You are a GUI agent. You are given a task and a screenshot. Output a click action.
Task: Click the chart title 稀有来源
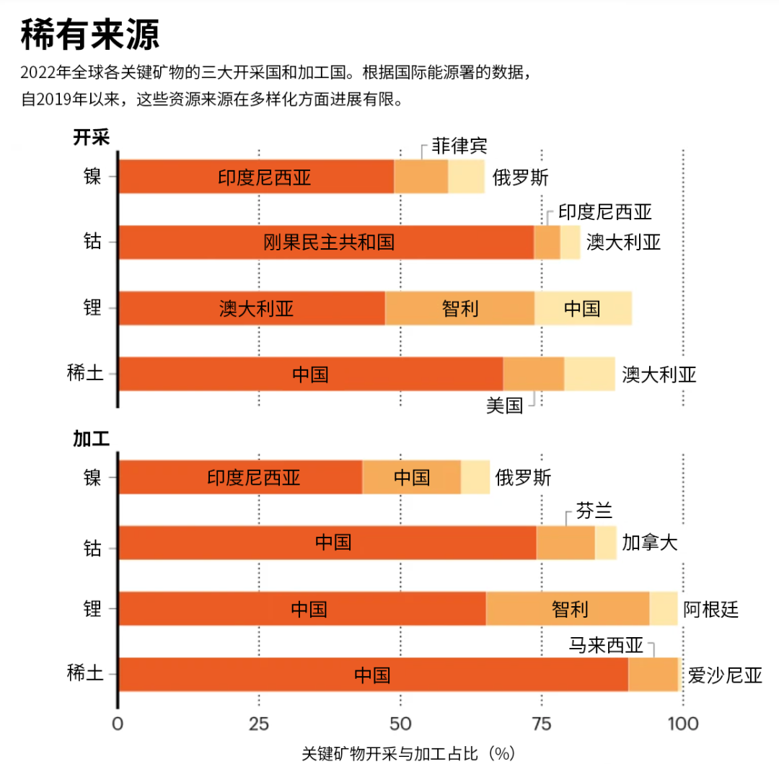pyautogui.click(x=90, y=34)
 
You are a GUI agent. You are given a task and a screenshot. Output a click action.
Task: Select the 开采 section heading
pyautogui.click(x=91, y=137)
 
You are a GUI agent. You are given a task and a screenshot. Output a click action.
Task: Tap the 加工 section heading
pyautogui.click(x=91, y=438)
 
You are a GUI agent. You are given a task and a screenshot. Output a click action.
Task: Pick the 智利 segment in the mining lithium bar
pyautogui.click(x=459, y=309)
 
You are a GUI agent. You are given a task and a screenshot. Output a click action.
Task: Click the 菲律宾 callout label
pyautogui.click(x=459, y=146)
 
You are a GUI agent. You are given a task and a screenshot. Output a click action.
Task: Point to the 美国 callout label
pyautogui.click(x=504, y=406)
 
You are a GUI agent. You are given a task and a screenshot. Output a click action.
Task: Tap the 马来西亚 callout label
pyautogui.click(x=605, y=645)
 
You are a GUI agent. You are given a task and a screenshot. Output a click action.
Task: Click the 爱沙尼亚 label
pyautogui.click(x=724, y=675)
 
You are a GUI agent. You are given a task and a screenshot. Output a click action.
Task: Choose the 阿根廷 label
pyautogui.click(x=710, y=610)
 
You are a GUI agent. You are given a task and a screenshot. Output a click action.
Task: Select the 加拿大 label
pyautogui.click(x=650, y=543)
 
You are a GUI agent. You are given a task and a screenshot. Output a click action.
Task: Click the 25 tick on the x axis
pyautogui.click(x=258, y=724)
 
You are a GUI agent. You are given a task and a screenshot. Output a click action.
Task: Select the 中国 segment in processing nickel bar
pyautogui.click(x=411, y=477)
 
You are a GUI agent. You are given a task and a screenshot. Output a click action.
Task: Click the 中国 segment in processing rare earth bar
pyautogui.click(x=372, y=675)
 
